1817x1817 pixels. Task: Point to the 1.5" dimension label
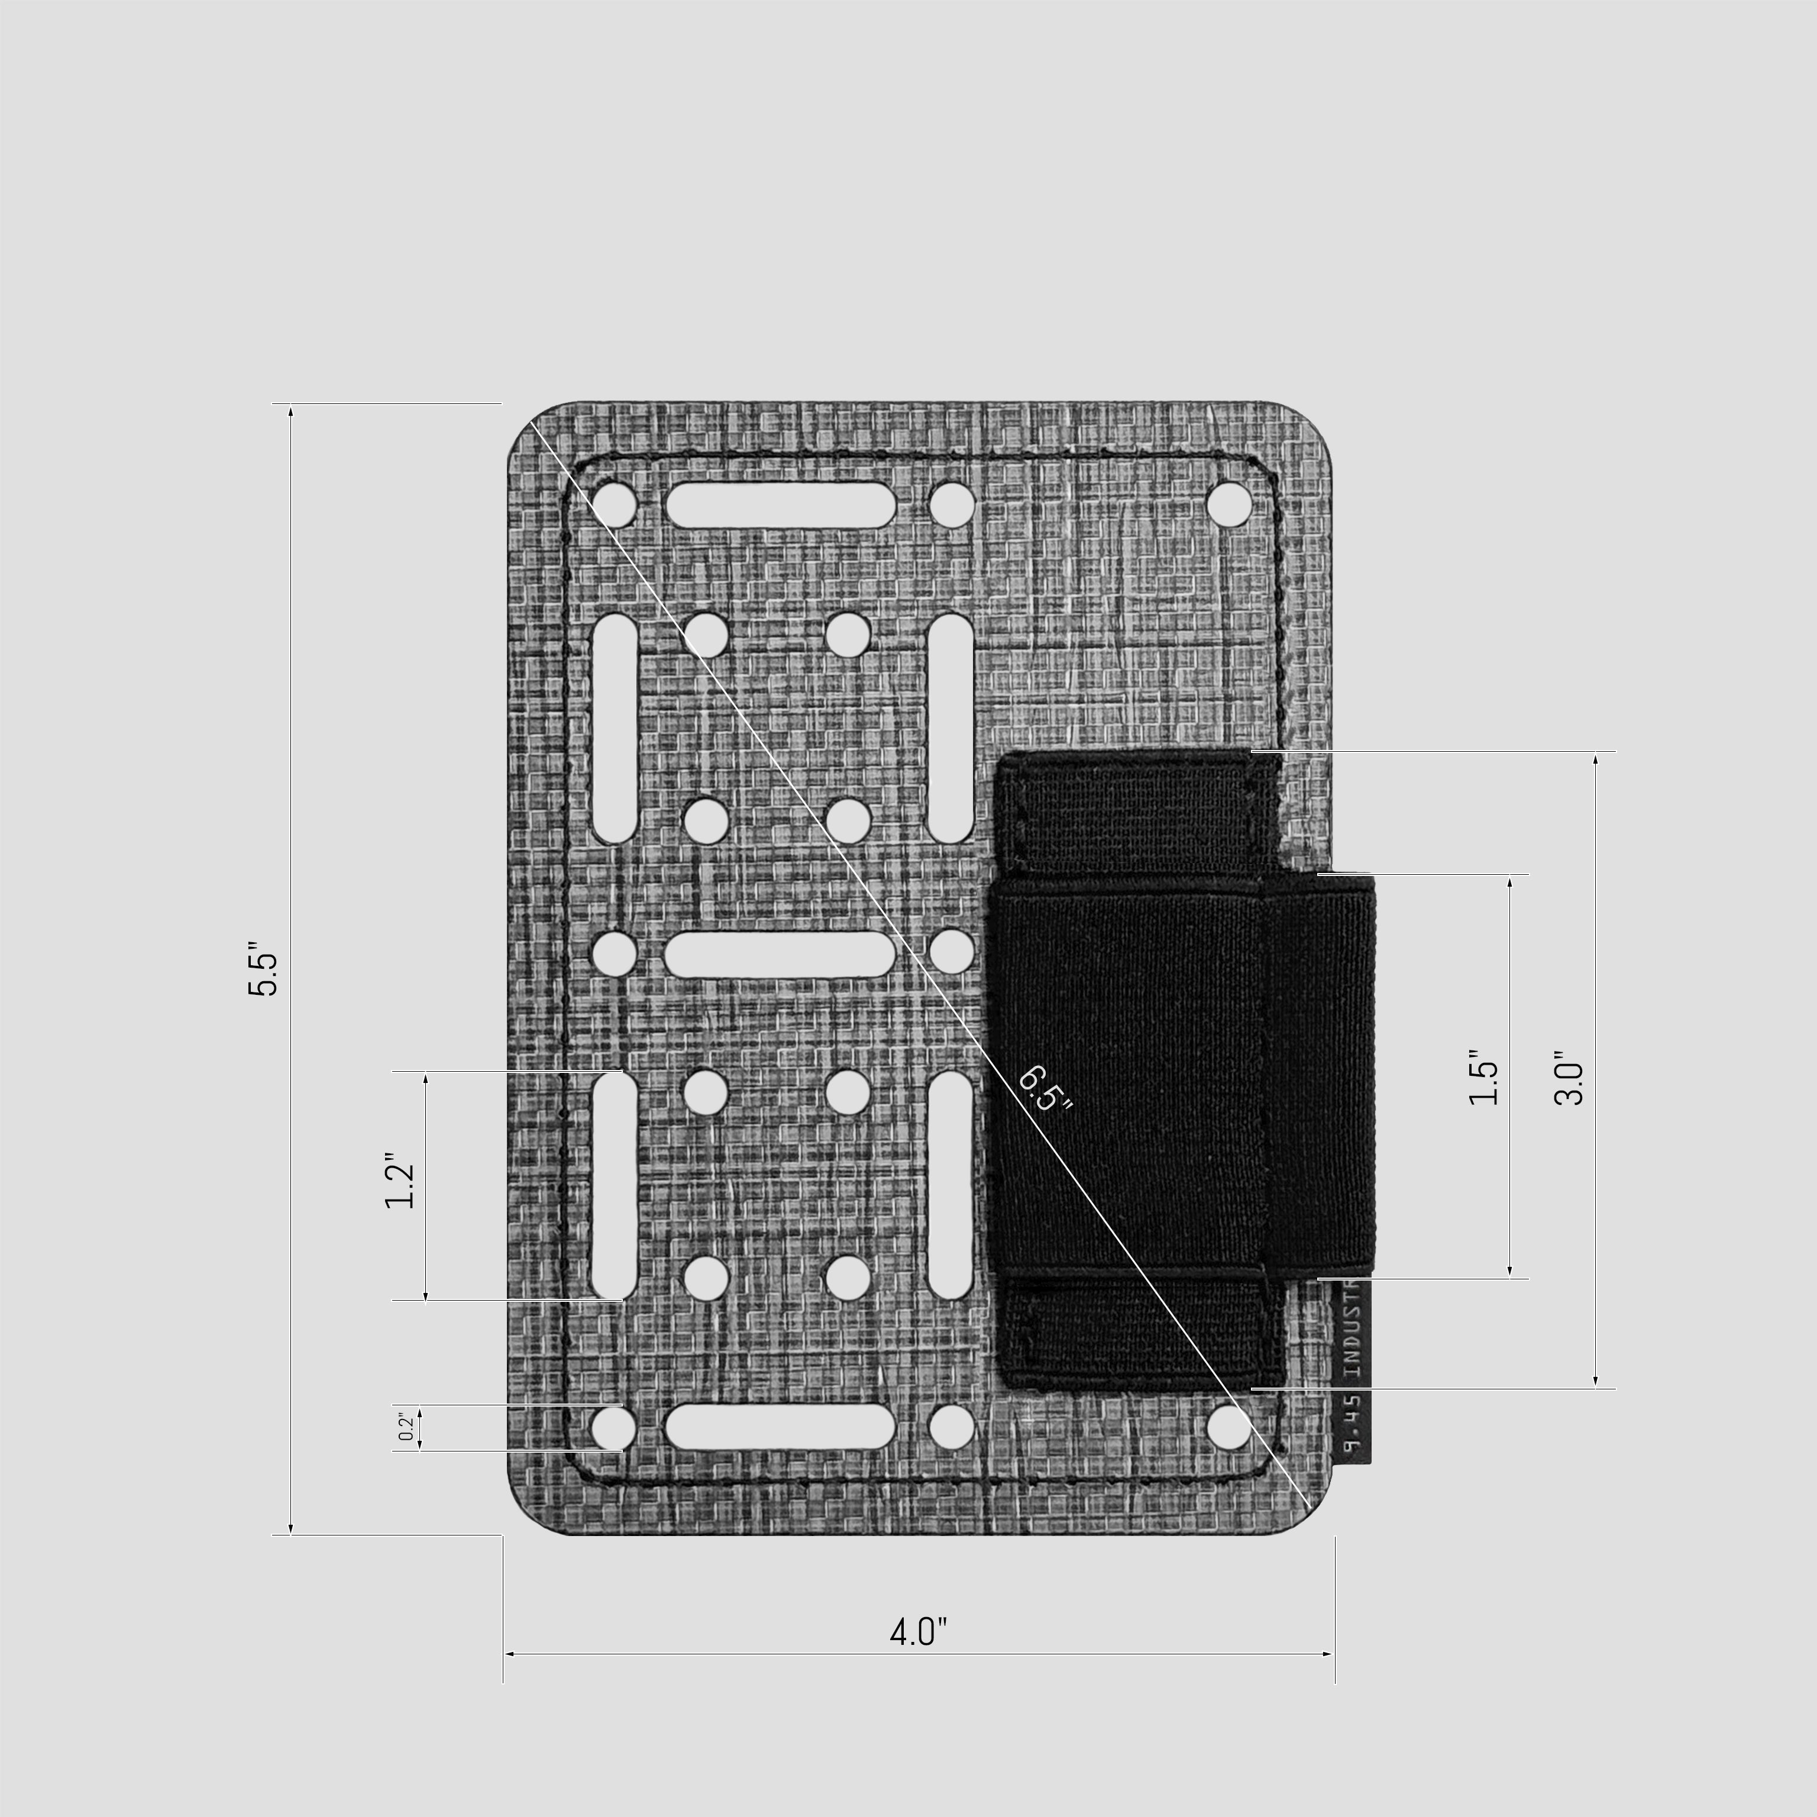click(x=1483, y=1078)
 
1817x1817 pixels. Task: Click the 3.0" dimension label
click(x=1569, y=1078)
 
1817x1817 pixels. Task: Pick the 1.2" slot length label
click(x=400, y=1181)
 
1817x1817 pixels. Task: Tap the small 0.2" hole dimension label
click(x=405, y=1426)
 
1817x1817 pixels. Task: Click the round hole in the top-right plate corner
click(x=1230, y=504)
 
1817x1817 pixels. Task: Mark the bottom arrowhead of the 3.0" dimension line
click(x=1596, y=1380)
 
